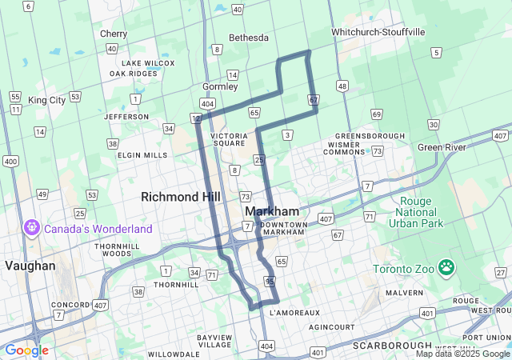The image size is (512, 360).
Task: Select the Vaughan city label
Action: click(30, 266)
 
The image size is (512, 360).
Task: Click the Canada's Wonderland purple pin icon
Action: click(32, 228)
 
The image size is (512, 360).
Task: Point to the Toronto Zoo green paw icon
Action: click(446, 268)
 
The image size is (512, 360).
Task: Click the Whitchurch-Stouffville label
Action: click(378, 32)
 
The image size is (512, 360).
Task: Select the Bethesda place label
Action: click(248, 38)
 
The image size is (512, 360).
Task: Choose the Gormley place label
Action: click(220, 86)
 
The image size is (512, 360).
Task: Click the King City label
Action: click(46, 101)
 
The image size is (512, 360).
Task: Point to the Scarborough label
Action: click(387, 346)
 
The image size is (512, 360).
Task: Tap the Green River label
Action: click(441, 147)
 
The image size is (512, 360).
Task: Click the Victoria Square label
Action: click(234, 140)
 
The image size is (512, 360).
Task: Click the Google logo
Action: click(26, 350)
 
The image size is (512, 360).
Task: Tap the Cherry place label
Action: click(114, 34)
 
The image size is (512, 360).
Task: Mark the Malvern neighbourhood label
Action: click(405, 293)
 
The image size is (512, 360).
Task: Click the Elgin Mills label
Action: click(142, 155)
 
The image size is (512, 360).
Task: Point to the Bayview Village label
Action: click(214, 342)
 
